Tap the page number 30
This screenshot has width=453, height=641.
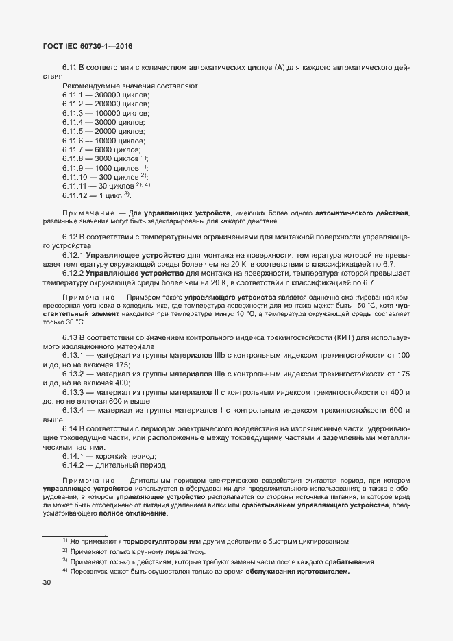(x=47, y=583)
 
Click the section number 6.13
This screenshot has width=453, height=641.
(x=70, y=338)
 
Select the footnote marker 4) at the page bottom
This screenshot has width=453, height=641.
(x=65, y=570)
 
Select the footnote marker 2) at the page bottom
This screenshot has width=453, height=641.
(x=65, y=551)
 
